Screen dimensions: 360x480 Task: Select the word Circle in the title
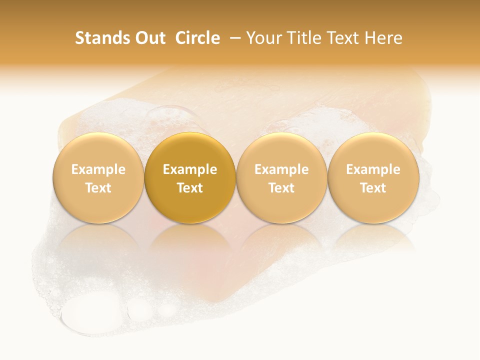pos(197,38)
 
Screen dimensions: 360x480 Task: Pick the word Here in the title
pos(383,38)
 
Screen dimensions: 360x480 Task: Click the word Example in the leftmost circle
pos(98,169)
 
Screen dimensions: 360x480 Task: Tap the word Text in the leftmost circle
pos(98,188)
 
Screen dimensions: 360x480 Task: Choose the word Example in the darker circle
pos(190,169)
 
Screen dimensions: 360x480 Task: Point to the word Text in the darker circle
pos(190,188)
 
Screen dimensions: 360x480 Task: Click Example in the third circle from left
pos(281,169)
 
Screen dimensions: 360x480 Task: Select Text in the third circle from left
pos(281,188)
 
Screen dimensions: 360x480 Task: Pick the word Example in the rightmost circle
pos(373,169)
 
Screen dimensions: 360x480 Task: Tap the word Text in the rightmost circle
pos(373,188)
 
